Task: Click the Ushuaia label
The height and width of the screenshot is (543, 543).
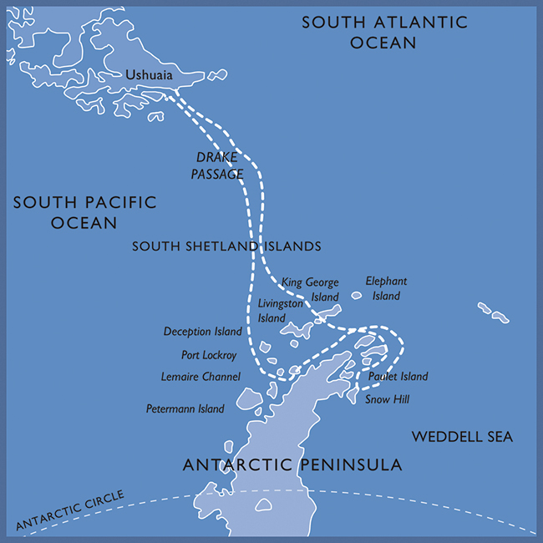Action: (x=150, y=76)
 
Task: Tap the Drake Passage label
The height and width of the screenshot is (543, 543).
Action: (x=217, y=165)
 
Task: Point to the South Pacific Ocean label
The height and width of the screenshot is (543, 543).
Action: (x=84, y=212)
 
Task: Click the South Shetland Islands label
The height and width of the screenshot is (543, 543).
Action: (x=226, y=246)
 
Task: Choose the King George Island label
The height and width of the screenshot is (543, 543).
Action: (x=310, y=289)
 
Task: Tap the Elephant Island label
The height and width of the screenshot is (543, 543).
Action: (x=386, y=288)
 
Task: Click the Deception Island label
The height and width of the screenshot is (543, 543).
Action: (x=203, y=332)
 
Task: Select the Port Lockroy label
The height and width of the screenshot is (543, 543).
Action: (x=209, y=355)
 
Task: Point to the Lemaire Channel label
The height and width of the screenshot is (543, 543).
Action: (x=200, y=378)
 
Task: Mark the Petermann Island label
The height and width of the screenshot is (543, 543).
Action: (x=185, y=409)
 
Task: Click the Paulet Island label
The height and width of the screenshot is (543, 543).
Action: (x=398, y=377)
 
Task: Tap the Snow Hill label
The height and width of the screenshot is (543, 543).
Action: (x=388, y=399)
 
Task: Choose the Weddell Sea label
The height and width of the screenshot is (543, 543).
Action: (x=462, y=437)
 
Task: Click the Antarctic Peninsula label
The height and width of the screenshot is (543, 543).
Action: (x=292, y=464)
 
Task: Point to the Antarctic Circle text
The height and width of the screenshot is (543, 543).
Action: (x=70, y=510)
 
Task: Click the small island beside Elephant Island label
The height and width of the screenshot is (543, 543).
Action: (x=357, y=294)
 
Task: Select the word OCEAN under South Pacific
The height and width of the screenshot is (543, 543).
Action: (x=84, y=223)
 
